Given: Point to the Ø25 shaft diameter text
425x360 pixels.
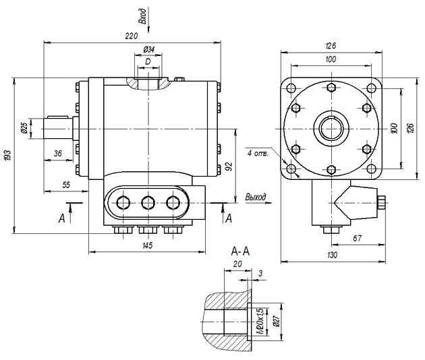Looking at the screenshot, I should [24, 127].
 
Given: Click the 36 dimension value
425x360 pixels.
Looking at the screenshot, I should [58, 154].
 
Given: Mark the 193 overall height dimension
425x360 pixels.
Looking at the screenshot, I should [8, 155].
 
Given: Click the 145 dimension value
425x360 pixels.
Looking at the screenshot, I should [148, 245].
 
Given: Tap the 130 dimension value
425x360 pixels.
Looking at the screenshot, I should [331, 254].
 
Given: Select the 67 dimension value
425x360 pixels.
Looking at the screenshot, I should [358, 239].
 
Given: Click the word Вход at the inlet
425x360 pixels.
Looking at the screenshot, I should [142, 14].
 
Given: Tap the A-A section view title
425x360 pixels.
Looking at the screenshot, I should [240, 251].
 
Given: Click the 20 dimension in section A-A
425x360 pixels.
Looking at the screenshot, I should [237, 264].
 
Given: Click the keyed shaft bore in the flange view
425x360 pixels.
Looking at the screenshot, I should [331, 127].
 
